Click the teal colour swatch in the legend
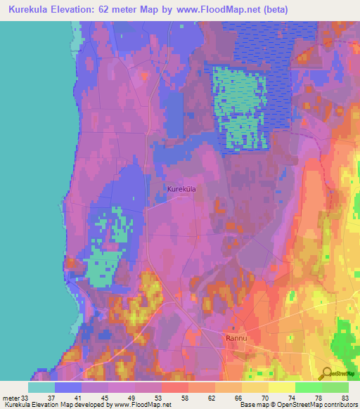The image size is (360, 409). pyautogui.click(x=41, y=387)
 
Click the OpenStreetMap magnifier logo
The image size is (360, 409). pyautogui.click(x=326, y=373)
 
